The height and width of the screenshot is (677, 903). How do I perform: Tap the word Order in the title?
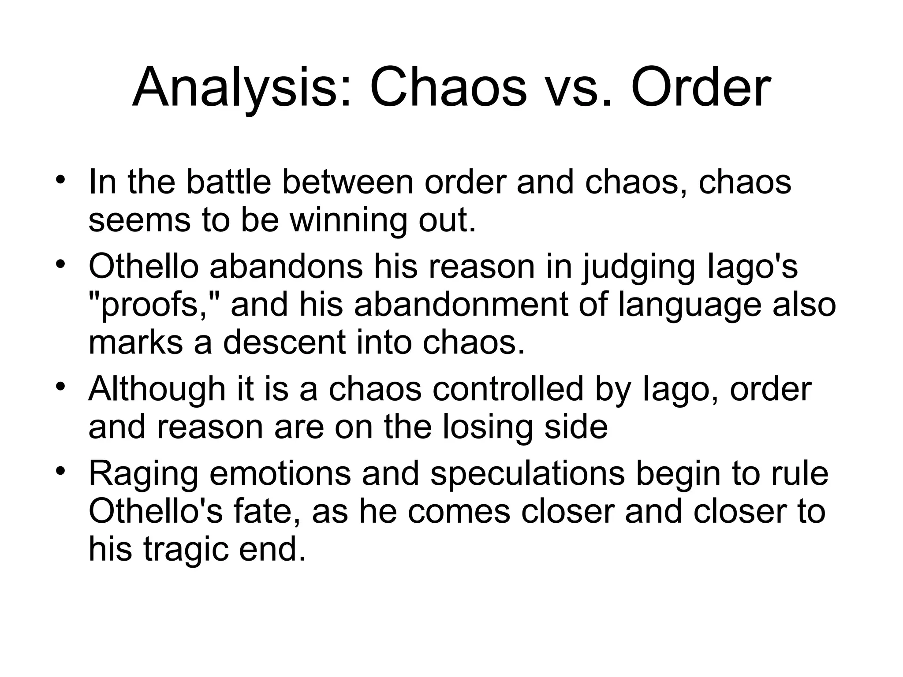tap(701, 88)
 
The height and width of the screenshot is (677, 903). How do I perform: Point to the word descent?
tap(284, 343)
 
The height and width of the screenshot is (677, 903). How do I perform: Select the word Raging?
tap(143, 474)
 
